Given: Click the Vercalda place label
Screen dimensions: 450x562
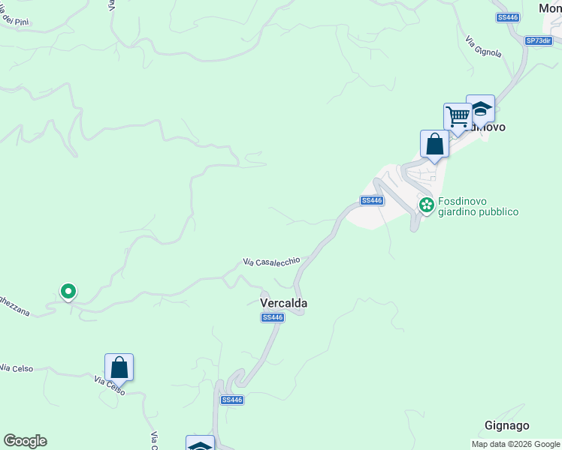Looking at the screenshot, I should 284,303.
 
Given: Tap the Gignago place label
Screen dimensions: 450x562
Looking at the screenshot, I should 507,425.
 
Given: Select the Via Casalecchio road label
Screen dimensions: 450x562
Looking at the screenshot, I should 271,262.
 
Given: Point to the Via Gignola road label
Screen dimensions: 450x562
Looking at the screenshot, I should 482,46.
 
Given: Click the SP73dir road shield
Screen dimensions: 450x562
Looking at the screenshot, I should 539,40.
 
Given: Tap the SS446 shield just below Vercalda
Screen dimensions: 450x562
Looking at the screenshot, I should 273,318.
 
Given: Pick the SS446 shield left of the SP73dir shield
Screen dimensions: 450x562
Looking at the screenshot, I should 508,17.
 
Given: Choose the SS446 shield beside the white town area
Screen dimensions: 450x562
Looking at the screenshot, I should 372,200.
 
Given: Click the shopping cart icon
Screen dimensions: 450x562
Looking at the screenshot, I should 458,116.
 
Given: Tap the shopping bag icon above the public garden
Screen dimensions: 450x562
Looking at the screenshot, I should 435,143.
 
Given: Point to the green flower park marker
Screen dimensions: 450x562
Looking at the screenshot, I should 427,204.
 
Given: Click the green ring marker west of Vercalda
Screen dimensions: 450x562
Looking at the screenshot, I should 68,291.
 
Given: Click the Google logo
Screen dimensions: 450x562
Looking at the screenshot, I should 25,441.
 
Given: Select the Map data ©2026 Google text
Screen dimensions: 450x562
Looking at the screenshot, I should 516,444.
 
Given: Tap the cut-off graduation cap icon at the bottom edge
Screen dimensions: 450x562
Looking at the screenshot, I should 200,444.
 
